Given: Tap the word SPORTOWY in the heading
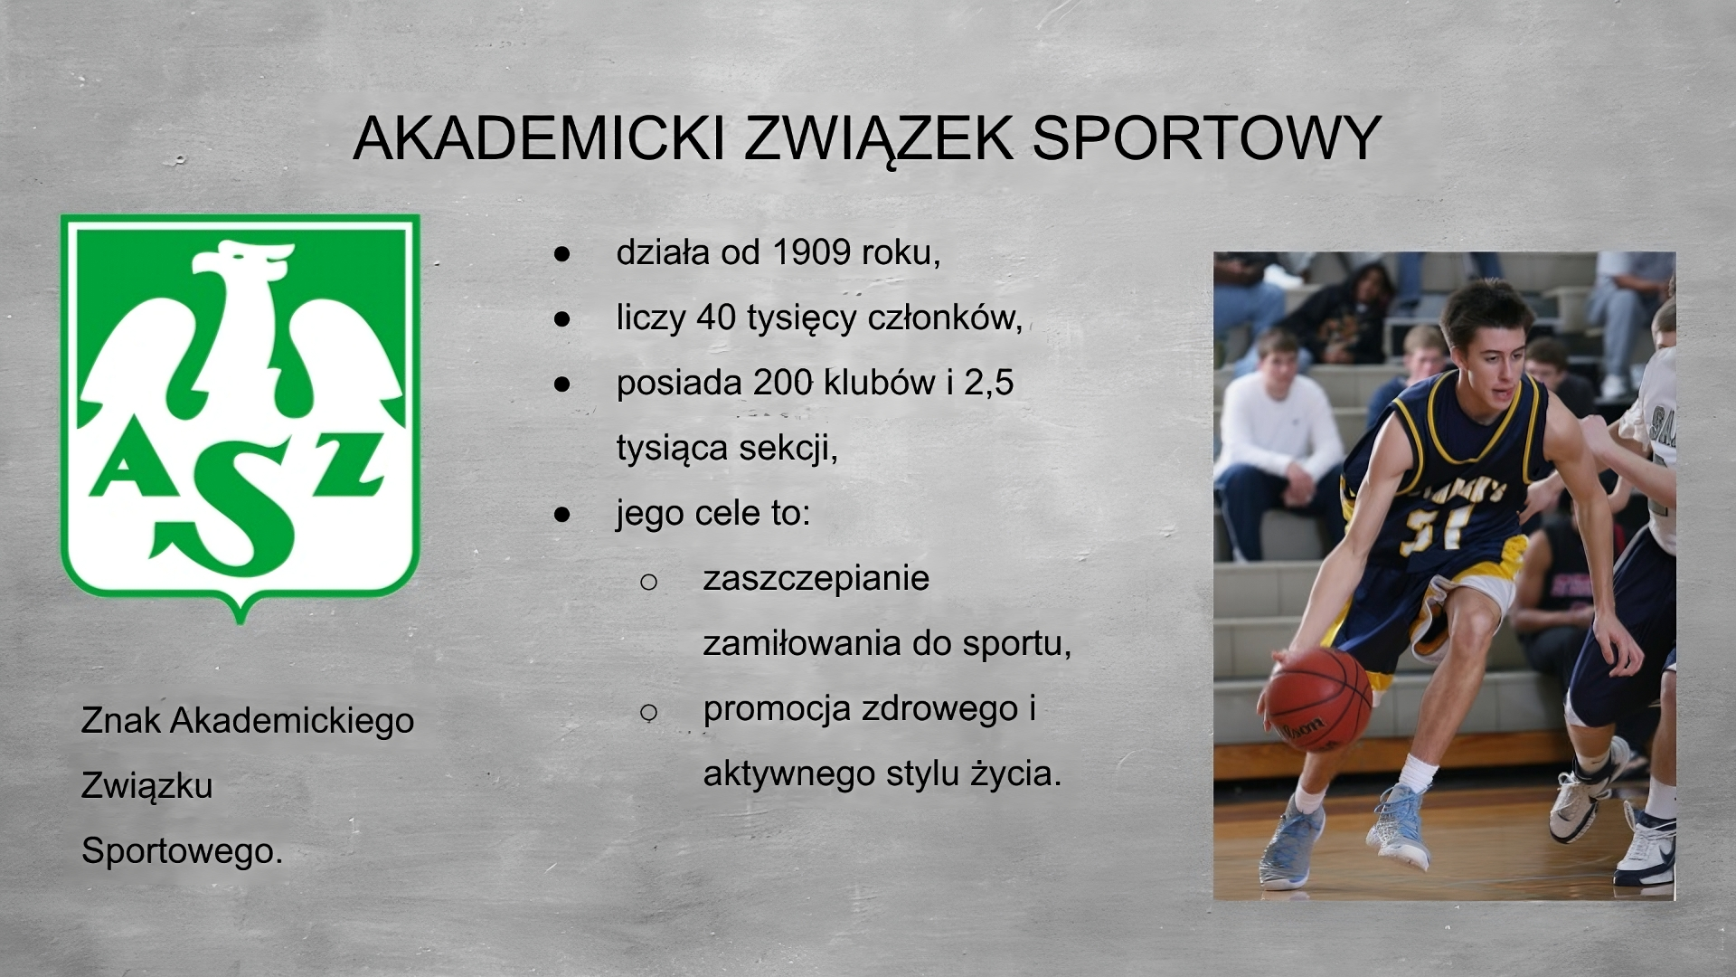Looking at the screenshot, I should pyautogui.click(x=1206, y=138).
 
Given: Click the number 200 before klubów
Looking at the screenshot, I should pyautogui.click(x=782, y=383).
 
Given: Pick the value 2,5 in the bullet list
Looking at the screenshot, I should pyautogui.click(x=988, y=383).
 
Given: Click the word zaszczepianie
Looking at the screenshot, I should pyautogui.click(x=816, y=578).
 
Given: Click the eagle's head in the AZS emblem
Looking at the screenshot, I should pyautogui.click(x=244, y=262).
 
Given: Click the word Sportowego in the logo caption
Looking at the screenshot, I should pyautogui.click(x=181, y=850).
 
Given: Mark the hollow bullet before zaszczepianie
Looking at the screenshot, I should pyautogui.click(x=648, y=581).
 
